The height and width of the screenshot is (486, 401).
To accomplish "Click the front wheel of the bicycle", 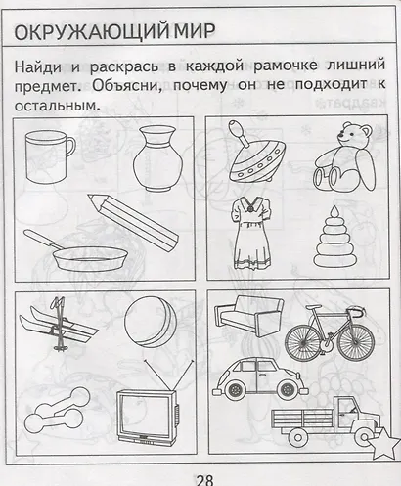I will click(357, 343).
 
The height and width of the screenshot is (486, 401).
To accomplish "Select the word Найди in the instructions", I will click(39, 66).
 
